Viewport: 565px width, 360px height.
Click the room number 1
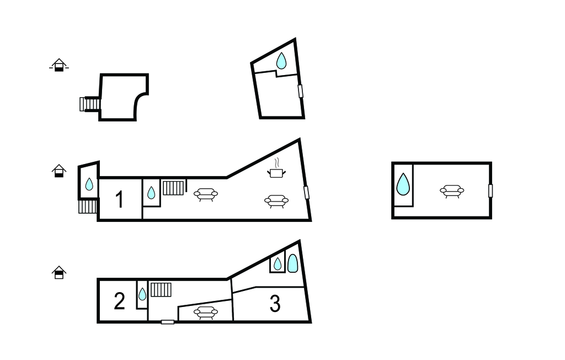pos(120,199)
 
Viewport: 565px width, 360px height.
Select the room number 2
pos(119,301)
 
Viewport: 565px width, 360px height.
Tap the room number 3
pos(275,303)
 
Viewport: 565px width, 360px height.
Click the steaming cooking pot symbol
pos(276,168)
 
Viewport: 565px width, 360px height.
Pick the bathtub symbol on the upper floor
pos(292,263)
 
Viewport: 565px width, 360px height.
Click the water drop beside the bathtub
pos(278,264)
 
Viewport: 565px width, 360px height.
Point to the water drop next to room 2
pos(142,294)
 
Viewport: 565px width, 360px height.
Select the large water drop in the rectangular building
pos(403,184)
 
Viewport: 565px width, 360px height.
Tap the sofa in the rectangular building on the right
pos(452,191)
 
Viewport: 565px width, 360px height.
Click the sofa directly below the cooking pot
pos(276,201)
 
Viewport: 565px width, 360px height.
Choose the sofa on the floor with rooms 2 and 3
pos(205,313)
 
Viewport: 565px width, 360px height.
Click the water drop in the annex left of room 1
pos(89,184)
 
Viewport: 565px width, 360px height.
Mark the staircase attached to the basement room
pos(90,104)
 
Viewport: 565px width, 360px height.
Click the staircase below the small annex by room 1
pos(88,207)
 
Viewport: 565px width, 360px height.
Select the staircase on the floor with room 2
pos(161,290)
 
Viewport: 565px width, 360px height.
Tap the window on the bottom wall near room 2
pos(168,322)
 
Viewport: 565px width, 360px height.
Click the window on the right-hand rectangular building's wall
pos(491,191)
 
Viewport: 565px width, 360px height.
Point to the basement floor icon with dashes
pos(59,65)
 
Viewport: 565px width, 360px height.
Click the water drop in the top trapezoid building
pos(281,61)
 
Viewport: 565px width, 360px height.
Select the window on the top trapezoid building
pos(301,91)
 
